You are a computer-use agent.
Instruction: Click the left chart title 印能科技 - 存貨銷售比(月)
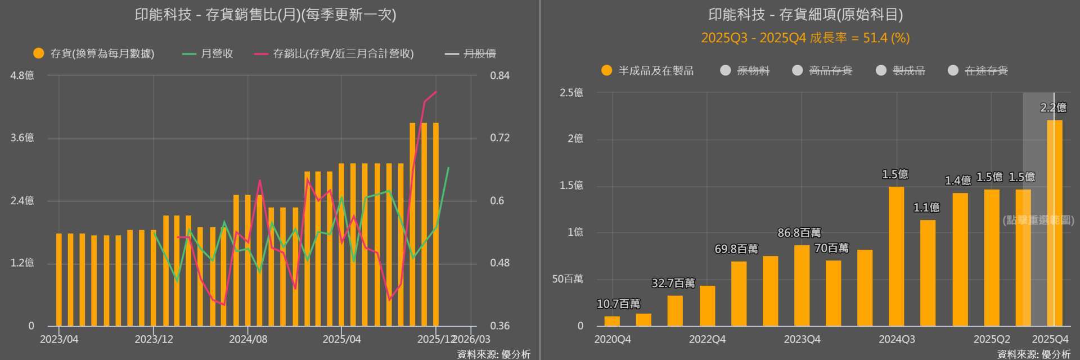pyautogui.click(x=265, y=15)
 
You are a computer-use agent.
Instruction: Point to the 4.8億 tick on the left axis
pyautogui.click(x=22, y=75)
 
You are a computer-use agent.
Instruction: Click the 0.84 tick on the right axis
pyautogui.click(x=499, y=75)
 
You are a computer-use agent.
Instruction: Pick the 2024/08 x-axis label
pyautogui.click(x=247, y=339)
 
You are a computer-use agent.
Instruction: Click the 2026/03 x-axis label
pyautogui.click(x=471, y=339)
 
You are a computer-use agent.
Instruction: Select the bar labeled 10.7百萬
pyautogui.click(x=612, y=321)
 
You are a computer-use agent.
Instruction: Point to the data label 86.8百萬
pyautogui.click(x=799, y=232)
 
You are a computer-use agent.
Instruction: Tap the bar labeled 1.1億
pyautogui.click(x=928, y=273)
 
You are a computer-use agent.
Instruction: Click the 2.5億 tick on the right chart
pyautogui.click(x=571, y=93)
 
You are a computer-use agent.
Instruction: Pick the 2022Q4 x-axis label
pyautogui.click(x=707, y=339)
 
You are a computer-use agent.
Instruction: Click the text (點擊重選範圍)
pyautogui.click(x=1038, y=220)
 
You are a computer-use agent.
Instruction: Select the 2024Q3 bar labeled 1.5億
pyautogui.click(x=896, y=256)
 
